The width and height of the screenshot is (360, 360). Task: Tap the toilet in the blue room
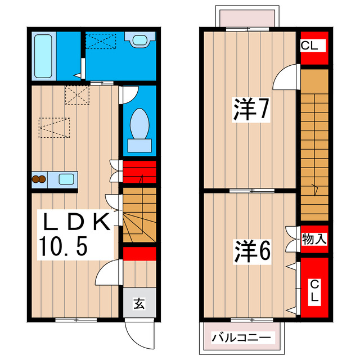pos(139,124)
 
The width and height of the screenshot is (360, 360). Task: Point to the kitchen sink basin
pos(66,180)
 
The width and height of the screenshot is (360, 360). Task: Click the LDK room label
pos(74,223)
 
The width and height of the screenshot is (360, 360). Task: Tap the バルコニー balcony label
pos(241,338)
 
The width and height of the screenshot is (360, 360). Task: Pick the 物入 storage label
pos(314,238)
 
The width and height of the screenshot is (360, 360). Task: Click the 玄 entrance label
pos(138,304)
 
